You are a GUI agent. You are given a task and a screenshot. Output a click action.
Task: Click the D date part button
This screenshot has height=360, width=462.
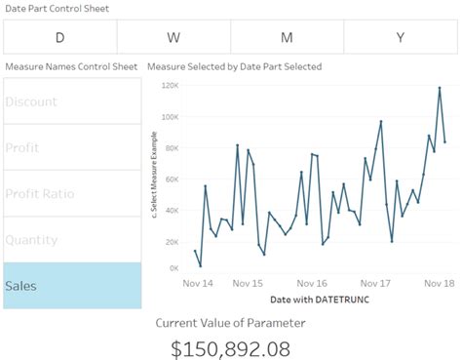click(x=59, y=37)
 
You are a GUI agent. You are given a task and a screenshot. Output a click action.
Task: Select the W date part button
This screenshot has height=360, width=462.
click(x=173, y=37)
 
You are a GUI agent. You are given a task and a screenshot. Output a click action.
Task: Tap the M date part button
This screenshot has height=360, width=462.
click(x=287, y=37)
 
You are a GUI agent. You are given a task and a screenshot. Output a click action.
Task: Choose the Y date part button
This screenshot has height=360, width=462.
click(x=401, y=37)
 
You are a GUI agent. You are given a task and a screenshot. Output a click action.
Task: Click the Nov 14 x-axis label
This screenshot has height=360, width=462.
click(x=198, y=283)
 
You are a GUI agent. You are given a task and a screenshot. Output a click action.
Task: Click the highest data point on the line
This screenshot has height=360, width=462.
click(x=440, y=89)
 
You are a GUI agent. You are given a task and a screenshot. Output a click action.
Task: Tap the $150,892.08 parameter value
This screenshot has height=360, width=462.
click(x=230, y=346)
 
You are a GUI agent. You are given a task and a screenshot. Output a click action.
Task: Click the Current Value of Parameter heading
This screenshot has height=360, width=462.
click(x=230, y=322)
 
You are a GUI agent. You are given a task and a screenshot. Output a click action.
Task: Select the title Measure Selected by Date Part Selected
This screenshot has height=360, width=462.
click(x=234, y=66)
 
